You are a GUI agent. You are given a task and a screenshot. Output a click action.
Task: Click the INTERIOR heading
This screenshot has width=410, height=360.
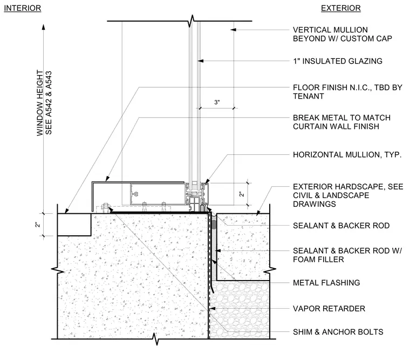click(23, 8)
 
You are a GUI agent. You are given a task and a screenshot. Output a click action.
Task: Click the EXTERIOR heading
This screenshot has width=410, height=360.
click(341, 8)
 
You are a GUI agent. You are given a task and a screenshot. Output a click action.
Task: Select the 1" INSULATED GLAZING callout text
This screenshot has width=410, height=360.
click(338, 61)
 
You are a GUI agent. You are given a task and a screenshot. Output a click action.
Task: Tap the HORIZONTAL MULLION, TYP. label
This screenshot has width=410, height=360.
click(347, 154)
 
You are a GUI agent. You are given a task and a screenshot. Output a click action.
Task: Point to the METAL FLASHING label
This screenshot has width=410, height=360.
click(326, 283)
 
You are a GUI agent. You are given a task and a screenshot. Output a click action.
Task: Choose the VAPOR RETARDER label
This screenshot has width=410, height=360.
click(329, 309)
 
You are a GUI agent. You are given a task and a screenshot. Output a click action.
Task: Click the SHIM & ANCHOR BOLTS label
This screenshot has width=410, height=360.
click(338, 332)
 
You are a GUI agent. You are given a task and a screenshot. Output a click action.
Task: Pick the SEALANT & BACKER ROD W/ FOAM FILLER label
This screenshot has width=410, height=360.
click(347, 255)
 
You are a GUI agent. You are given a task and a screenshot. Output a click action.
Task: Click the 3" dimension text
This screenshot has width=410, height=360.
click(217, 103)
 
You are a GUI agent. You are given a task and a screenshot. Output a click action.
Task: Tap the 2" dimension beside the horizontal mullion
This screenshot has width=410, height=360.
click(242, 194)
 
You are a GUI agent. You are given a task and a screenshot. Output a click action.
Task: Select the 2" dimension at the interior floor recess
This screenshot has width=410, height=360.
click(38, 225)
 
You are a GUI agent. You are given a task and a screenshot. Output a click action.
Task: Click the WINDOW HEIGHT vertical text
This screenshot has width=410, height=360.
click(40, 103)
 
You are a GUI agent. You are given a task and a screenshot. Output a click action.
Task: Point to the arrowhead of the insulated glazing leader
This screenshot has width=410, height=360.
click(200, 61)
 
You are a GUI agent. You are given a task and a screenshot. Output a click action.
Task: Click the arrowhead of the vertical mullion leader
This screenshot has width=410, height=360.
click(233, 30)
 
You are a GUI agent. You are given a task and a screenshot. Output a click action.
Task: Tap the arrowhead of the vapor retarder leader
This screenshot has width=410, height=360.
click(213, 309)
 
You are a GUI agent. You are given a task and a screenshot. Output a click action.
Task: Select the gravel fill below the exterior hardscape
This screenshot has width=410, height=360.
click(240, 310)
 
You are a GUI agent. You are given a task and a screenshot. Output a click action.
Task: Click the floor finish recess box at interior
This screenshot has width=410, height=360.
click(74, 225)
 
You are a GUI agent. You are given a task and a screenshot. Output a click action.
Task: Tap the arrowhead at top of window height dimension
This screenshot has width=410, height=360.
click(44, 27)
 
